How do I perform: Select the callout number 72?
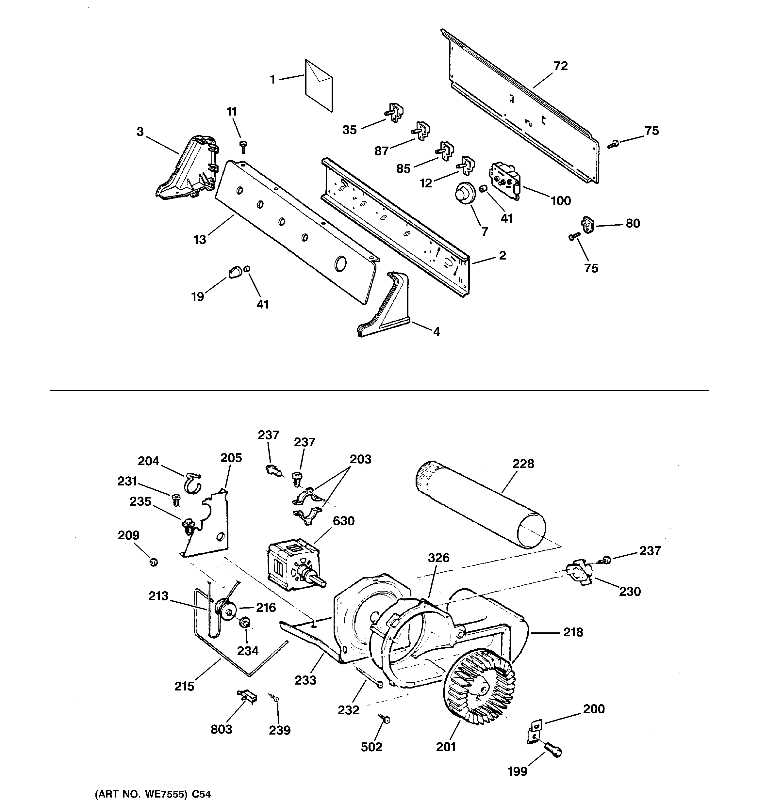coord(561,66)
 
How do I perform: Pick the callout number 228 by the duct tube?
coord(523,464)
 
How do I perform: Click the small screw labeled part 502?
coord(385,720)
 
